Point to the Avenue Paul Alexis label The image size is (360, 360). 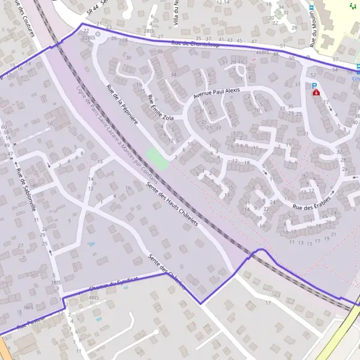tap(215, 92)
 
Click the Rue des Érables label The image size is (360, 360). tap(311, 203)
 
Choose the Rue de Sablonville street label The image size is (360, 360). tap(26, 190)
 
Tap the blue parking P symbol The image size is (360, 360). tap(314, 86)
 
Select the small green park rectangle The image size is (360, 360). tap(157, 159)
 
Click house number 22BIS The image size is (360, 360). tap(88, 37)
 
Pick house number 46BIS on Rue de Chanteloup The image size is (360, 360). tap(262, 52)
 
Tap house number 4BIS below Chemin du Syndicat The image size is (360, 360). tap(93, 297)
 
